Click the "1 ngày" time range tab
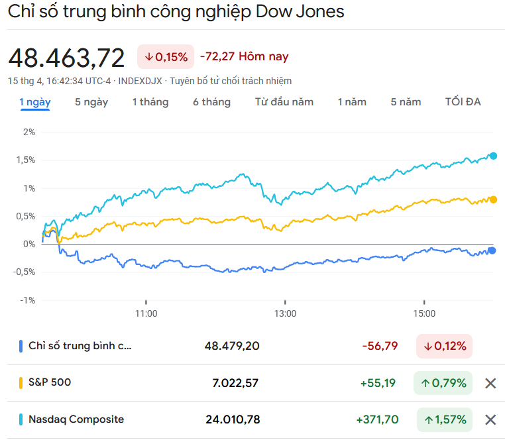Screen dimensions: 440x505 (x=35, y=102)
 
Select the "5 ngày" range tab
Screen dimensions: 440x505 (x=91, y=102)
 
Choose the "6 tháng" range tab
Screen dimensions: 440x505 (x=212, y=102)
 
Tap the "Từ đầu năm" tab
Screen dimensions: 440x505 (x=284, y=102)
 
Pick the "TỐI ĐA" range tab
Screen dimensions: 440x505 (x=463, y=102)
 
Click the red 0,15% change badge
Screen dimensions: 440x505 (x=166, y=57)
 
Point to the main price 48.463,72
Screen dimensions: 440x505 (x=66, y=58)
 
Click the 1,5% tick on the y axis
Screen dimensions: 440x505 (x=28, y=160)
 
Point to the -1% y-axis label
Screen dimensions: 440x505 (x=28, y=300)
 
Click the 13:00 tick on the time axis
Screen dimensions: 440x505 (x=285, y=313)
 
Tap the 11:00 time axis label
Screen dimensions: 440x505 (x=146, y=313)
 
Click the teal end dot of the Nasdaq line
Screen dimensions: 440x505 (x=492, y=156)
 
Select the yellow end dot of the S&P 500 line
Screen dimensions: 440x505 (x=492, y=199)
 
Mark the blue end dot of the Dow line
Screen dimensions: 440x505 (x=492, y=250)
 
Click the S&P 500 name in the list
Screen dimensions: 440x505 (x=50, y=382)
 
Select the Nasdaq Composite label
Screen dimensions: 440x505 (x=76, y=419)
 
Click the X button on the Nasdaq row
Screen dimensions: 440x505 (x=490, y=419)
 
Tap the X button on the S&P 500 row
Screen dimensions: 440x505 (x=490, y=383)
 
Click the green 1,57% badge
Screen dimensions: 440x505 (x=444, y=419)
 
